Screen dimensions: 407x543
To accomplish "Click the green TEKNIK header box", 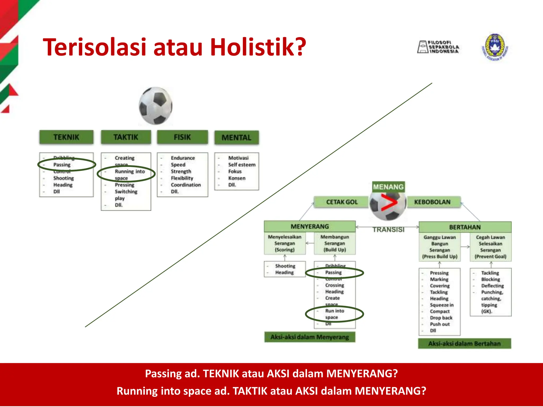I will tap(66, 137).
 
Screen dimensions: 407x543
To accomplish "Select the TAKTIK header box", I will tap(126, 137).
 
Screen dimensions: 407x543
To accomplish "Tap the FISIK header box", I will tap(182, 137).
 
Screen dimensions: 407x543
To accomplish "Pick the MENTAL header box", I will tap(237, 138).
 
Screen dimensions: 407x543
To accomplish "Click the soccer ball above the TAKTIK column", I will tap(156, 106).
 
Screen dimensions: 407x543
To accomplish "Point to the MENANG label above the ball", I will tap(388, 187).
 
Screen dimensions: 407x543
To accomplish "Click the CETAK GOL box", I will tap(342, 202).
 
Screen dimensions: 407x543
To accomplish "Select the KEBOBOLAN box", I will tap(432, 202).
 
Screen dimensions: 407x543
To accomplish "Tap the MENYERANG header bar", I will tap(310, 227).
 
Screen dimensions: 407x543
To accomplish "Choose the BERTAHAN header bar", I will tap(465, 227).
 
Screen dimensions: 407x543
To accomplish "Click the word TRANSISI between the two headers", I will tap(388, 229).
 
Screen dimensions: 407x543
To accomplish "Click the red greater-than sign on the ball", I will tap(389, 203).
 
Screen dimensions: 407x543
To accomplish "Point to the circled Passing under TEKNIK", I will tap(62, 165).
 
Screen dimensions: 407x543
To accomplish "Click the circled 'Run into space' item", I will tap(334, 314).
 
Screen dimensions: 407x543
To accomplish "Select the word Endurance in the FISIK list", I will tap(183, 158).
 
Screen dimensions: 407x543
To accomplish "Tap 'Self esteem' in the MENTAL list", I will tap(242, 165).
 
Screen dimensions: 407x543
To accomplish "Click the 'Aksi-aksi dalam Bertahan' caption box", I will tap(465, 344).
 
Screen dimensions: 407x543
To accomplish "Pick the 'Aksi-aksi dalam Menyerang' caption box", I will tap(310, 337).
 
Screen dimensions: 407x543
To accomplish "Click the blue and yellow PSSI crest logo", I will tap(495, 47).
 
